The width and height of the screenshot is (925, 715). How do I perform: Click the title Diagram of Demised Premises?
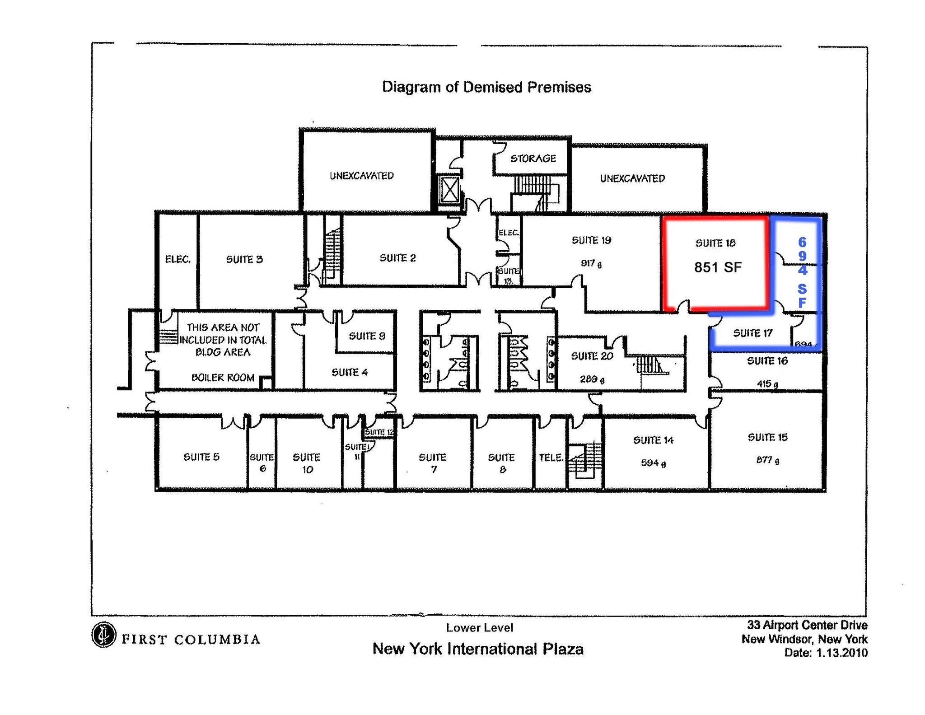(486, 87)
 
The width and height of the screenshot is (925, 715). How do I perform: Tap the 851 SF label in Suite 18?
(717, 267)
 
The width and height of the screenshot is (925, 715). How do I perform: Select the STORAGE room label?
(533, 159)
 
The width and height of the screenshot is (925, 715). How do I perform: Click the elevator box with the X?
(449, 190)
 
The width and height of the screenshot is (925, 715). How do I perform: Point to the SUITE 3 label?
(244, 259)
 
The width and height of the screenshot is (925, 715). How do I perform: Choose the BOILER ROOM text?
(223, 378)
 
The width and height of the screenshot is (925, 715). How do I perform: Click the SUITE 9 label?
(367, 336)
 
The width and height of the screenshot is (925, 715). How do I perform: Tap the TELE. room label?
(551, 458)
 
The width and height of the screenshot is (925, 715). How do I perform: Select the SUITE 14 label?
(653, 440)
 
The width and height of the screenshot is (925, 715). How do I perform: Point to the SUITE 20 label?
(592, 356)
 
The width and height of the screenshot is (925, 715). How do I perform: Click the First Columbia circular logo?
(103, 635)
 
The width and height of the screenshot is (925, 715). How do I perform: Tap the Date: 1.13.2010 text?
(826, 653)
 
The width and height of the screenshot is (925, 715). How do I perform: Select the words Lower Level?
(479, 627)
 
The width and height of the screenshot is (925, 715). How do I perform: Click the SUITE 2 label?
(397, 258)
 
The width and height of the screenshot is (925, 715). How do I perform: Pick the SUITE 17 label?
(752, 333)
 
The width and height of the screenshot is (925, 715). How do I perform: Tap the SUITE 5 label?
(201, 457)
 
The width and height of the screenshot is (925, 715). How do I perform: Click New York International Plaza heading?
(477, 649)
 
